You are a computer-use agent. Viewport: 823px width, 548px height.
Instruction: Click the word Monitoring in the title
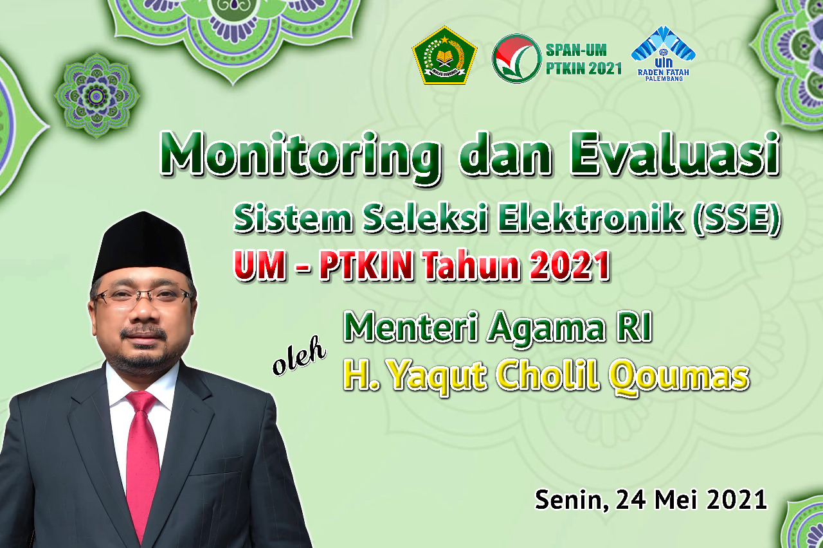coord(300,157)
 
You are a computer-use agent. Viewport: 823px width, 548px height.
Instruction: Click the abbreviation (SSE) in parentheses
coord(736,219)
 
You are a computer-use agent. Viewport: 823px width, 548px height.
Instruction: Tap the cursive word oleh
coord(299,356)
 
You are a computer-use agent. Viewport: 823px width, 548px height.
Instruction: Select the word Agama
coord(546,328)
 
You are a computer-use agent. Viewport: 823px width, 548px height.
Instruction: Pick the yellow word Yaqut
coord(437,378)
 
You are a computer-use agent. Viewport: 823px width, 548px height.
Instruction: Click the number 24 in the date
coord(631,500)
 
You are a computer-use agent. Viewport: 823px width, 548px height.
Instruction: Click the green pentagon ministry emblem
coord(444,55)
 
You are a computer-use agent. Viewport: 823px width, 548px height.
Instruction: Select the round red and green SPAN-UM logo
coord(516,58)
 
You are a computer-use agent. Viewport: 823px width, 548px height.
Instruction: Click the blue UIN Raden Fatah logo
coord(663,53)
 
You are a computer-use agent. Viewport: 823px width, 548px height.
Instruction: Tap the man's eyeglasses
coord(144,296)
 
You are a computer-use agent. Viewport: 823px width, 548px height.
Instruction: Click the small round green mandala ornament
coord(96,96)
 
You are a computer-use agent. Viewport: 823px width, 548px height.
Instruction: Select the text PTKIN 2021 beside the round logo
coord(583,69)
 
